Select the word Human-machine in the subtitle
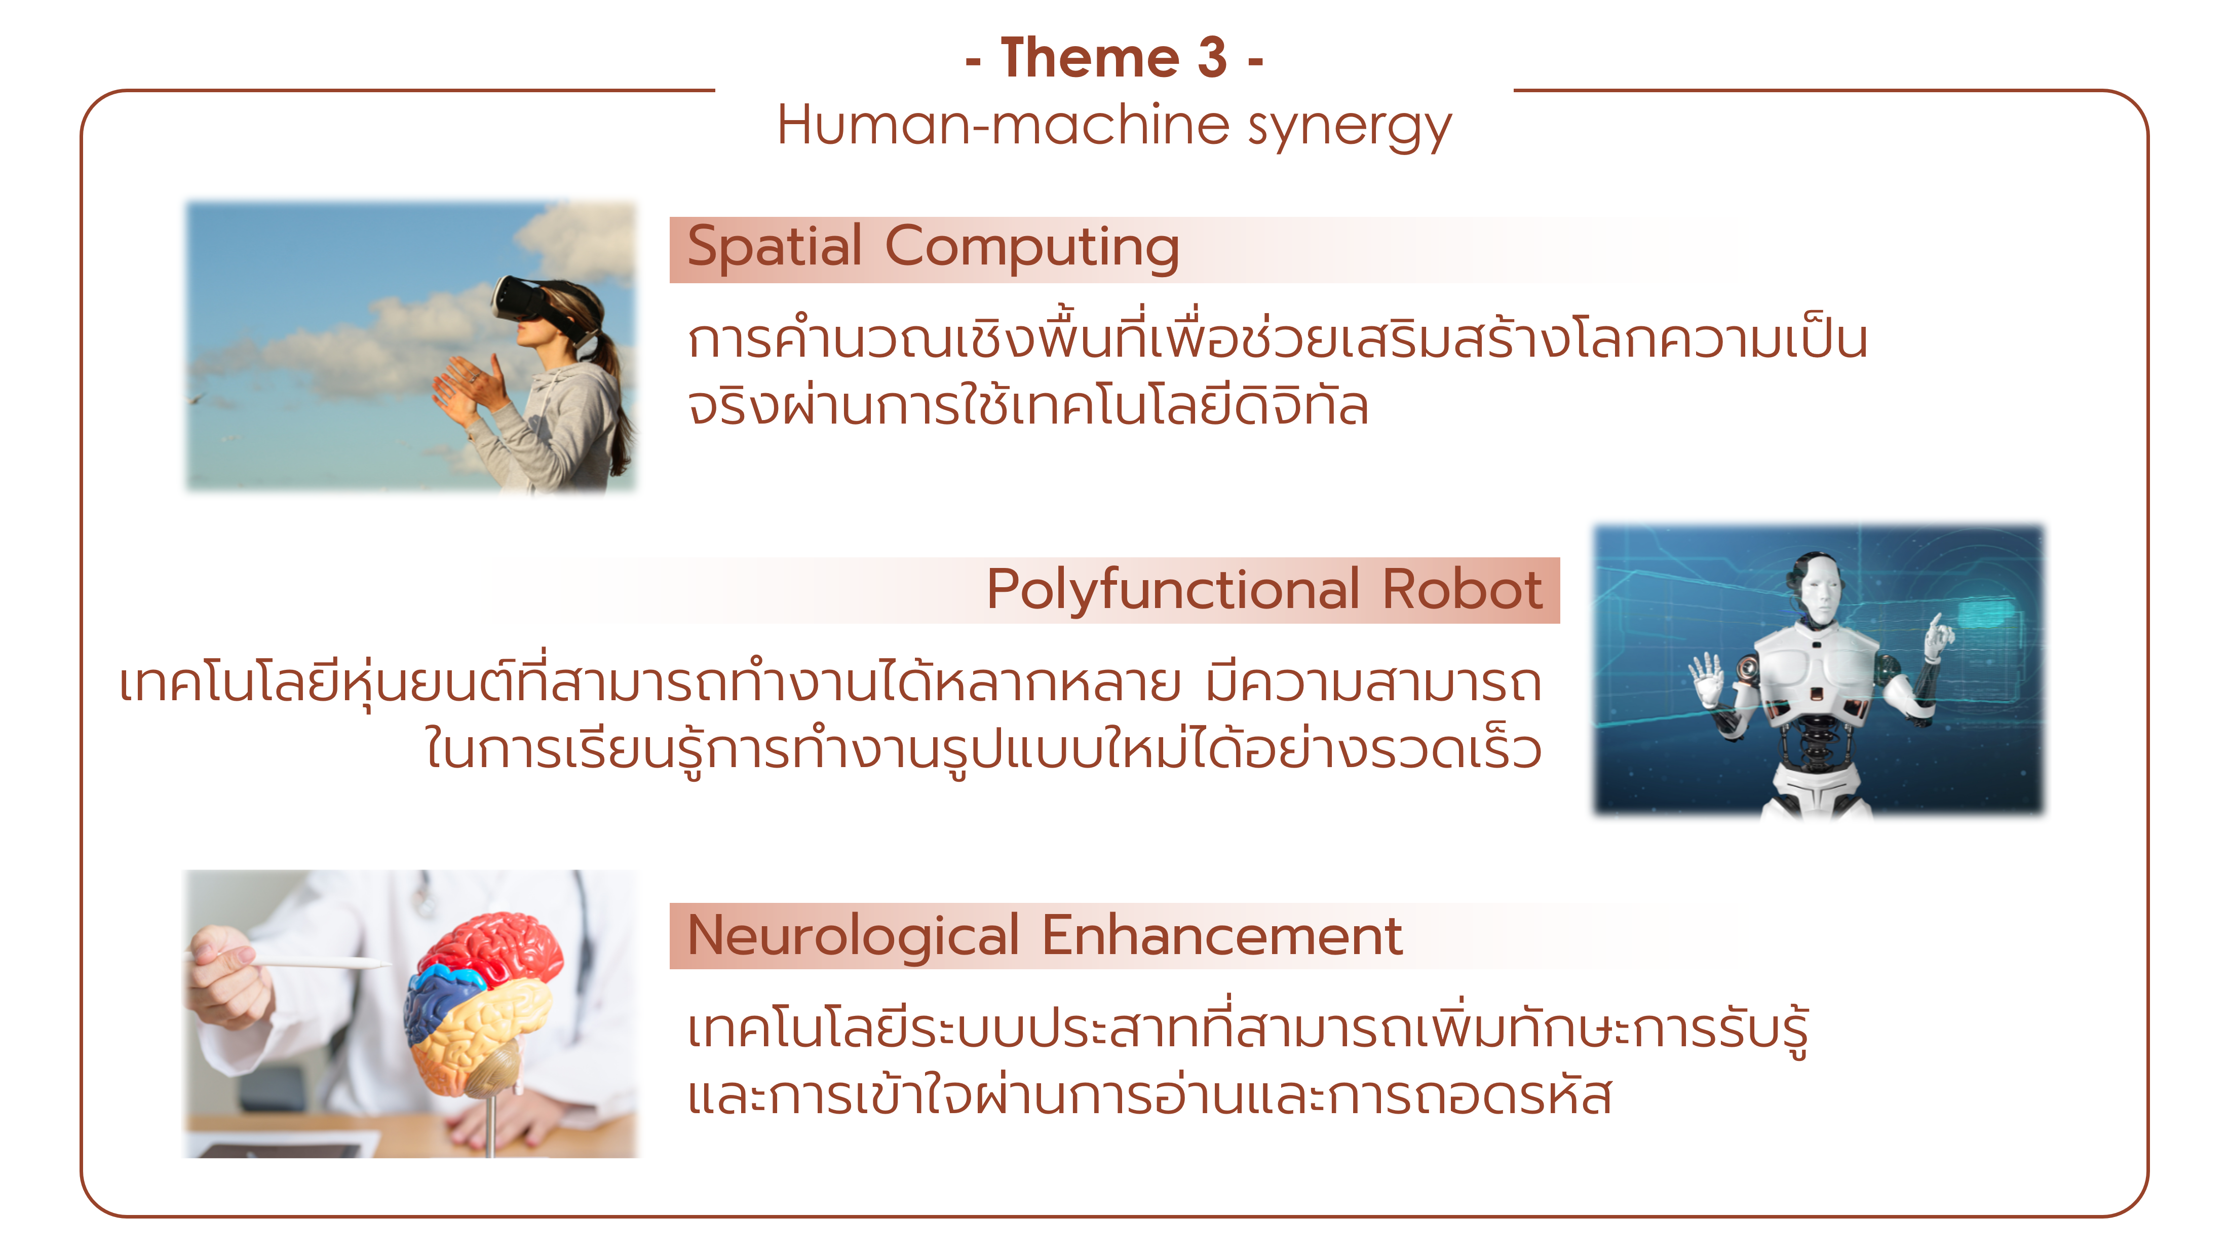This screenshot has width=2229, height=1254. point(1003,125)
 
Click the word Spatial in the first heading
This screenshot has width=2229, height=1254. point(775,247)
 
